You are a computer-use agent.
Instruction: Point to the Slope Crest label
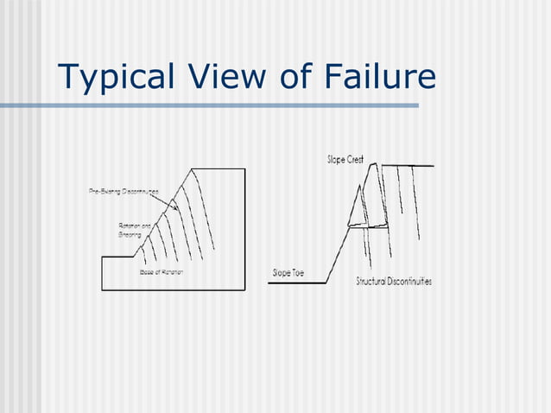pyautogui.click(x=345, y=160)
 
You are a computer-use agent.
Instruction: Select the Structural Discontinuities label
pyautogui.click(x=394, y=282)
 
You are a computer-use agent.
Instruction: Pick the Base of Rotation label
pyautogui.click(x=161, y=272)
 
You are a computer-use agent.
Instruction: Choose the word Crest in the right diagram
pyautogui.click(x=355, y=160)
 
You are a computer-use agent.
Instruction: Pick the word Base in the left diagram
pyautogui.click(x=146, y=272)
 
